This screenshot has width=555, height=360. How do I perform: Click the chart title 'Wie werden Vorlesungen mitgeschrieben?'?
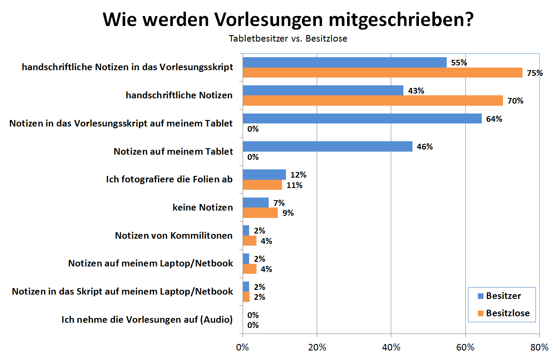click(288, 19)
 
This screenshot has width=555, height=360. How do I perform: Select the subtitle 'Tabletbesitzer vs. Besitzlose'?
click(288, 39)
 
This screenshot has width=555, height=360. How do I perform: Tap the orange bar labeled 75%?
click(383, 72)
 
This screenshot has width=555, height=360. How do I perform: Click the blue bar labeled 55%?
click(344, 62)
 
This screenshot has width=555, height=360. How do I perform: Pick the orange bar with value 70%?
click(373, 101)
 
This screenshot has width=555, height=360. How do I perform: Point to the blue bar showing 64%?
click(362, 118)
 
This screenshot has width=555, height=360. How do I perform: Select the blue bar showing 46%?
click(328, 146)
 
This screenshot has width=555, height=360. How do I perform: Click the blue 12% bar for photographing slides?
click(264, 175)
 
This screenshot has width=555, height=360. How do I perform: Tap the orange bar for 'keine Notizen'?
click(260, 213)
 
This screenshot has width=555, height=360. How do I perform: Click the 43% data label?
click(416, 91)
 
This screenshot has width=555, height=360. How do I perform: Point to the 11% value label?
click(294, 185)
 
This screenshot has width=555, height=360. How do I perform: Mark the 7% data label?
click(279, 203)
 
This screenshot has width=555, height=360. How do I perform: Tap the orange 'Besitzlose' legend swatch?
click(480, 313)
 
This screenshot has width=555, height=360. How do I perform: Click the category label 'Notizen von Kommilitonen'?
click(174, 236)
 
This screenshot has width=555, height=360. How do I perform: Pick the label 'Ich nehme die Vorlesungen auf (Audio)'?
click(147, 320)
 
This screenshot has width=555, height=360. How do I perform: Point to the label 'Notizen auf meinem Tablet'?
click(173, 152)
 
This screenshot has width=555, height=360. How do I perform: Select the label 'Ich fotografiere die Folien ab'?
click(169, 179)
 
